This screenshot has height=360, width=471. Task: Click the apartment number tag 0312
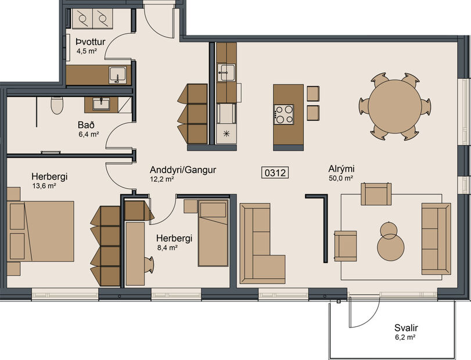coord(276,172)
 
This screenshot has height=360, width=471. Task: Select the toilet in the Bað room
coord(57,105)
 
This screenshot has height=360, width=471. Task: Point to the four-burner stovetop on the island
coord(283,114)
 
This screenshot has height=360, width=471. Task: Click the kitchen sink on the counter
coord(226,73)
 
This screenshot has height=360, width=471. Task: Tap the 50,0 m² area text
coord(341,178)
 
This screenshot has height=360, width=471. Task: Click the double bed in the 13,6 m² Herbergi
coord(44,231)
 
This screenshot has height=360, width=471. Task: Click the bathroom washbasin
coord(102,104)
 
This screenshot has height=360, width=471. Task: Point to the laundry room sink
coord(118,75)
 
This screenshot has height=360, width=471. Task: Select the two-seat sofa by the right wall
coord(436,238)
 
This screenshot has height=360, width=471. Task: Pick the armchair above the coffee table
coord(376,193)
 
